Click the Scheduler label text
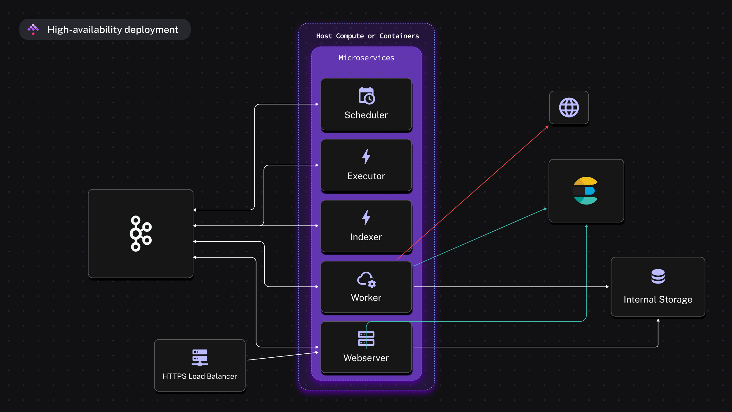366,115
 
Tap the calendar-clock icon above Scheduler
367,96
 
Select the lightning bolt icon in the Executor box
366,157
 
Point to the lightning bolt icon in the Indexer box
366,218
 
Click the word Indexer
366,237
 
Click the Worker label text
366,298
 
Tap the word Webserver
366,358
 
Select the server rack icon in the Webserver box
366,338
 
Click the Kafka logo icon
141,233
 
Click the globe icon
569,107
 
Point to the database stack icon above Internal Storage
658,276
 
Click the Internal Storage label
658,299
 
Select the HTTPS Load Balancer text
200,376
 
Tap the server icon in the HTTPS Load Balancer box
200,357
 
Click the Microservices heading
366,58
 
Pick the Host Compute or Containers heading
368,36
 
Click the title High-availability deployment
113,30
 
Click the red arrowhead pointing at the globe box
547,127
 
